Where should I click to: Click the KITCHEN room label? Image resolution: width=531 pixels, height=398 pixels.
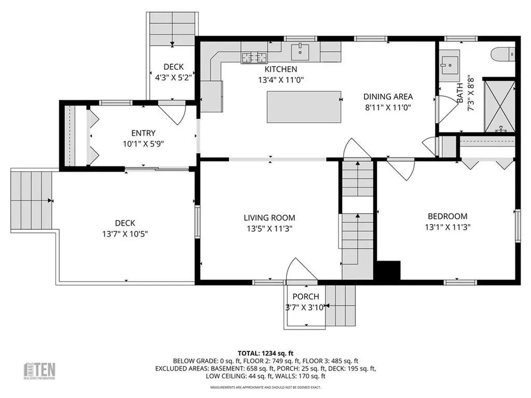281,69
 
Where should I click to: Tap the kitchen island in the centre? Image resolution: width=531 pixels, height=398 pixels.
304,106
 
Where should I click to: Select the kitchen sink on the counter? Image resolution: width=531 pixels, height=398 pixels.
300,51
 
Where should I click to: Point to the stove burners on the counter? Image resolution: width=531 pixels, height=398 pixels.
254,56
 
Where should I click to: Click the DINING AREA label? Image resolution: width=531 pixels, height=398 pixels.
388,96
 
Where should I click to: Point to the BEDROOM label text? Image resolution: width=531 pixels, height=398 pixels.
447,217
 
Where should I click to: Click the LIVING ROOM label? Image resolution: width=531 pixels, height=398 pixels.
269,218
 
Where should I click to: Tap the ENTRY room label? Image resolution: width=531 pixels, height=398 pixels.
143,133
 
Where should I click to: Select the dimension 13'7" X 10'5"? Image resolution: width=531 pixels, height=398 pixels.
125,234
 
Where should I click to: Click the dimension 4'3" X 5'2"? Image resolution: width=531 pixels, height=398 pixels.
174,77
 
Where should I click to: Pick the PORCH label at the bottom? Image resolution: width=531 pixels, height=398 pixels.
305,297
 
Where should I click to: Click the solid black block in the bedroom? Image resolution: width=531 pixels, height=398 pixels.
388,271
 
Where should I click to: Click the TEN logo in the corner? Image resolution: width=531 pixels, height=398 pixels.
40,370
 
